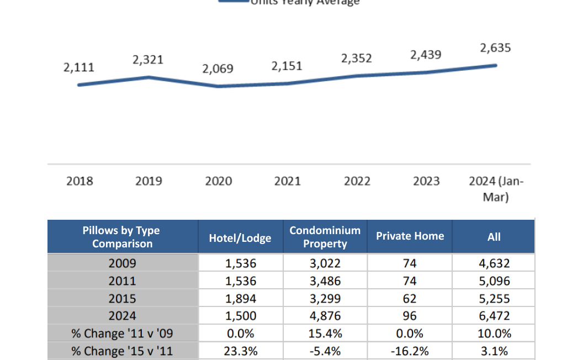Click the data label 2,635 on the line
point(495,48)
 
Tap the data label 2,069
point(218,69)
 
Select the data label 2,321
point(148,60)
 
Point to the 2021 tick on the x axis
point(287,181)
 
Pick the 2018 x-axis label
point(80,181)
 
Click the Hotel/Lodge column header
point(240,237)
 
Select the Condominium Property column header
point(325,237)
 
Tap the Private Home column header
point(410,236)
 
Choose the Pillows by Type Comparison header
point(122,237)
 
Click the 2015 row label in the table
point(122,299)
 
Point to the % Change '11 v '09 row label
point(122,333)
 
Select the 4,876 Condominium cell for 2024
point(325,316)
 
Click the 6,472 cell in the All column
point(494,316)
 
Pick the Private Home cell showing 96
point(410,316)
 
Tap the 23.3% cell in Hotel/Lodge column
point(241,351)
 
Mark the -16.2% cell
point(410,351)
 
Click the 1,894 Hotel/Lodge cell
point(241,299)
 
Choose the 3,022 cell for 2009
point(325,263)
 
